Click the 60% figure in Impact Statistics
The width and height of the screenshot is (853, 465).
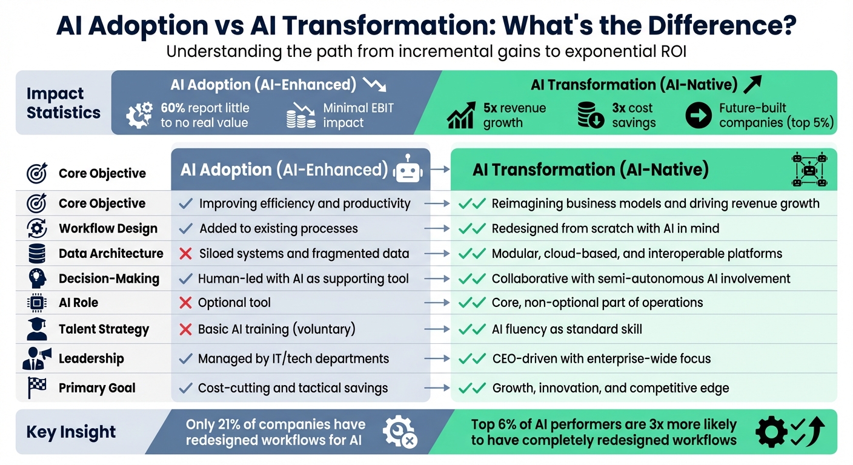point(173,108)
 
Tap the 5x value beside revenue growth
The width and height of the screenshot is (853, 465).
point(490,108)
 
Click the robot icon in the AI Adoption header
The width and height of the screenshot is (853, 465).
point(408,170)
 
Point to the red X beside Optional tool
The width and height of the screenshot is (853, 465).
point(186,303)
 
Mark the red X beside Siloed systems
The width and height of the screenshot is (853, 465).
point(186,254)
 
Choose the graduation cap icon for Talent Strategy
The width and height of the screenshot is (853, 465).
point(37,329)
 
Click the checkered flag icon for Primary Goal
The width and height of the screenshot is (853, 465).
point(37,388)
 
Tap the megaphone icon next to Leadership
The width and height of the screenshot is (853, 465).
point(37,358)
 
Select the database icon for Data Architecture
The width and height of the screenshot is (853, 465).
point(37,254)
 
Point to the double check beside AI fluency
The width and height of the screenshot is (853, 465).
point(473,329)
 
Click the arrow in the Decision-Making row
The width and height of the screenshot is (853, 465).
point(437,279)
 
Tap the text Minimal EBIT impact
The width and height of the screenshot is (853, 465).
point(358,115)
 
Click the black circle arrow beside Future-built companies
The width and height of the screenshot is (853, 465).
point(699,115)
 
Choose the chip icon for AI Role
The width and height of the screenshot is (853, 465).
point(37,303)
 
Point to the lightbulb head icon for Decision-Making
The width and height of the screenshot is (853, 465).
point(37,279)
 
